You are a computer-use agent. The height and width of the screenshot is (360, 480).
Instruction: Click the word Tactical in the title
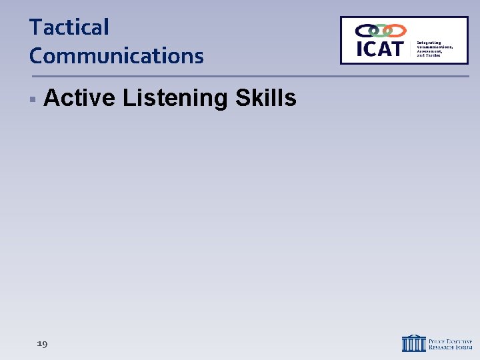coord(69,28)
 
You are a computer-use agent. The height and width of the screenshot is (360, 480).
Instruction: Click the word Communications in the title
coord(116,56)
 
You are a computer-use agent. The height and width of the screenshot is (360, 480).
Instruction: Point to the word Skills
coord(265,98)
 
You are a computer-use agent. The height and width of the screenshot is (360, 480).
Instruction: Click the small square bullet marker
coord(32,99)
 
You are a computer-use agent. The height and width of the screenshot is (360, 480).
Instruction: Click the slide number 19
coord(42,343)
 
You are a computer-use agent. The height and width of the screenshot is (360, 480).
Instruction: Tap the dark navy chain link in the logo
coord(366,31)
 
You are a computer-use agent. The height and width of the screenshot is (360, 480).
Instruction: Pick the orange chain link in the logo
coord(395,31)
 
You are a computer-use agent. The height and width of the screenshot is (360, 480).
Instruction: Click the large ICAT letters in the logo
coord(380,49)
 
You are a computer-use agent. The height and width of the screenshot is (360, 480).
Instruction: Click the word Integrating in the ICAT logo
coord(429,42)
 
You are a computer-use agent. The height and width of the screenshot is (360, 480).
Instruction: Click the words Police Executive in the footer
coord(449,339)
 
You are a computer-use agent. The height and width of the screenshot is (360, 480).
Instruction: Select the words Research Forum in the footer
coord(449,347)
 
